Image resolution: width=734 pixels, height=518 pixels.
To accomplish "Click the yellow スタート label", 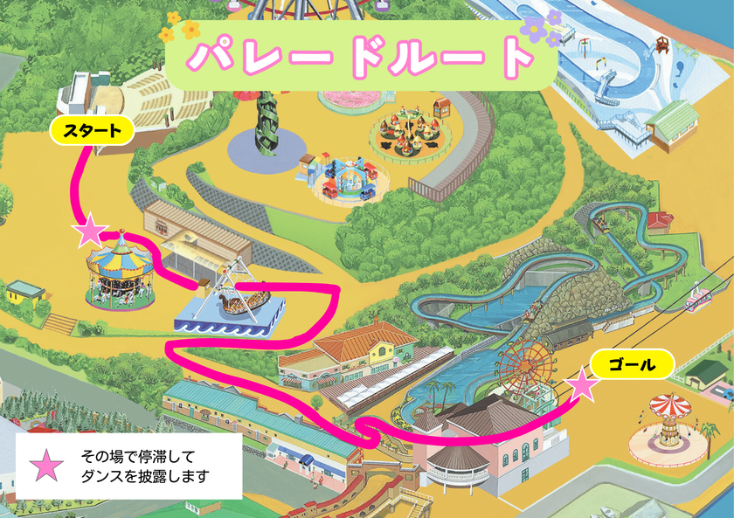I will [91, 133].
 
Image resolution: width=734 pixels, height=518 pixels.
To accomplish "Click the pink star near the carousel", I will [89, 231].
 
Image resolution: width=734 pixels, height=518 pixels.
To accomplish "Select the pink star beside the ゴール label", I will [583, 384].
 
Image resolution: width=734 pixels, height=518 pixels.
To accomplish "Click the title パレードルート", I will [360, 59].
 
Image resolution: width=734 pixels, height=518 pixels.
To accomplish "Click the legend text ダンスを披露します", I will [146, 477].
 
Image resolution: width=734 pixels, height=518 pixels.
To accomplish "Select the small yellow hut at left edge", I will [24, 293].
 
